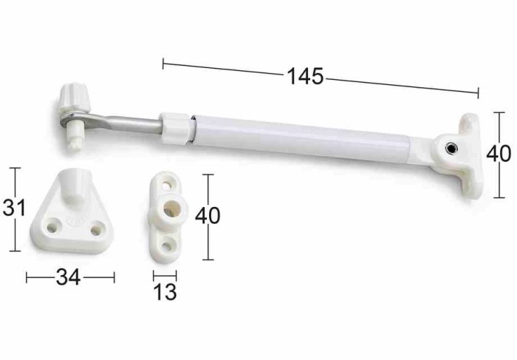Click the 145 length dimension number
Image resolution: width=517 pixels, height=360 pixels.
(306, 77)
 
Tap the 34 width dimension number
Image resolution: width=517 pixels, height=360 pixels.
(68, 277)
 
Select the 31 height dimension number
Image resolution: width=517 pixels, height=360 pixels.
(14, 208)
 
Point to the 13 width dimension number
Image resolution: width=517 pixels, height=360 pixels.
(165, 292)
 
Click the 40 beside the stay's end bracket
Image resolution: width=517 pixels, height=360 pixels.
(499, 154)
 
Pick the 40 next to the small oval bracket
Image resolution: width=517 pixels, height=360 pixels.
(208, 216)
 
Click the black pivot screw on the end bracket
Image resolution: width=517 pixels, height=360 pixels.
(451, 149)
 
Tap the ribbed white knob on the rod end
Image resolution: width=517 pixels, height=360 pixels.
(75, 98)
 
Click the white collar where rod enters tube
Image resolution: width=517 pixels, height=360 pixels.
(176, 129)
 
